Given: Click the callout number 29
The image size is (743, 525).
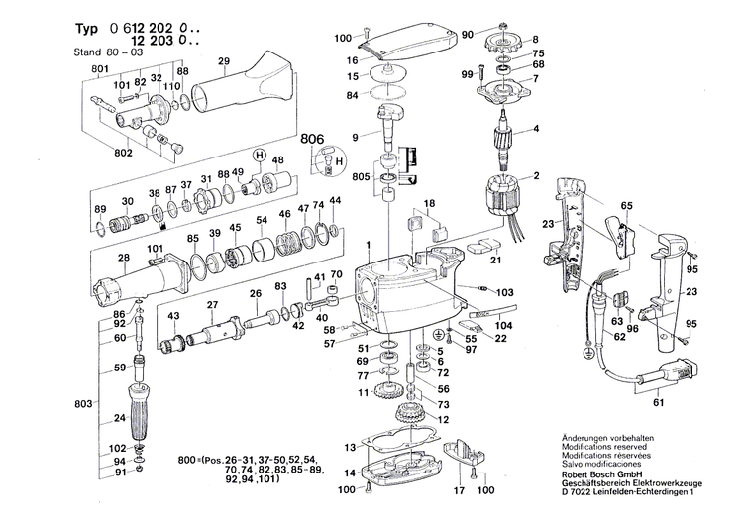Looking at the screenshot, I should click(x=224, y=62).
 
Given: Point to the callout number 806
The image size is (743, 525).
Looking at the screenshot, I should click(x=312, y=141).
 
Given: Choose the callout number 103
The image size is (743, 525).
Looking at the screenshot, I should click(x=505, y=293).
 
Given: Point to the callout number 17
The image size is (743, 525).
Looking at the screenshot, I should click(x=460, y=490).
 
